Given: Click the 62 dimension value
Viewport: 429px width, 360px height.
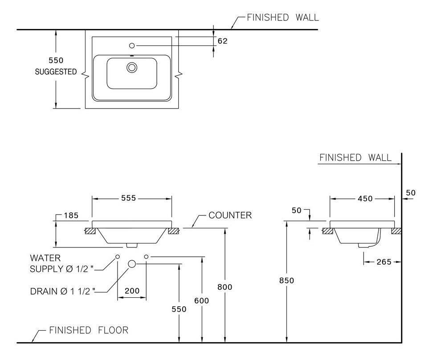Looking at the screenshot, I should (223, 41).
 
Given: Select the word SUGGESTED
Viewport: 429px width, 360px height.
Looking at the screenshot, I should (56, 72).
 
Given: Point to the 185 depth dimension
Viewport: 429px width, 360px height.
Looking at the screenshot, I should (71, 216).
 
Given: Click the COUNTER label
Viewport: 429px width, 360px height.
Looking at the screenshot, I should (230, 215).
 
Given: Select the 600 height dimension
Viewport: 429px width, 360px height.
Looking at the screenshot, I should (202, 301).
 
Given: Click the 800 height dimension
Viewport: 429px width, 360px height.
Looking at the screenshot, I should (225, 287).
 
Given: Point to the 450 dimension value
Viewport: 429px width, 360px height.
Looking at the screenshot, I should (365, 198).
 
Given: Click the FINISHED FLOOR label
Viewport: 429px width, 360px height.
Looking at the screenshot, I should (88, 330).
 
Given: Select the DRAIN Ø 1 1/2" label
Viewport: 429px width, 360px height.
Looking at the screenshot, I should (64, 291).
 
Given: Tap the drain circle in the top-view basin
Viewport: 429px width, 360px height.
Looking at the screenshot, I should (132, 68).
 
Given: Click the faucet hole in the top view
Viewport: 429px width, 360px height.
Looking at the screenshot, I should (132, 45).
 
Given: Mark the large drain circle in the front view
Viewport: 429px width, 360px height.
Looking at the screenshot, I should (132, 264).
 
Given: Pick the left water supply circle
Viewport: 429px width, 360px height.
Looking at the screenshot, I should (118, 257).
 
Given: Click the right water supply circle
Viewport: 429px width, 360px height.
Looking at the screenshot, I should (146, 257).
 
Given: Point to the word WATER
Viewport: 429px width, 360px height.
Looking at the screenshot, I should (45, 258).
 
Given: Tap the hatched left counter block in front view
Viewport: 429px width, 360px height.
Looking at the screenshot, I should (91, 231).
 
